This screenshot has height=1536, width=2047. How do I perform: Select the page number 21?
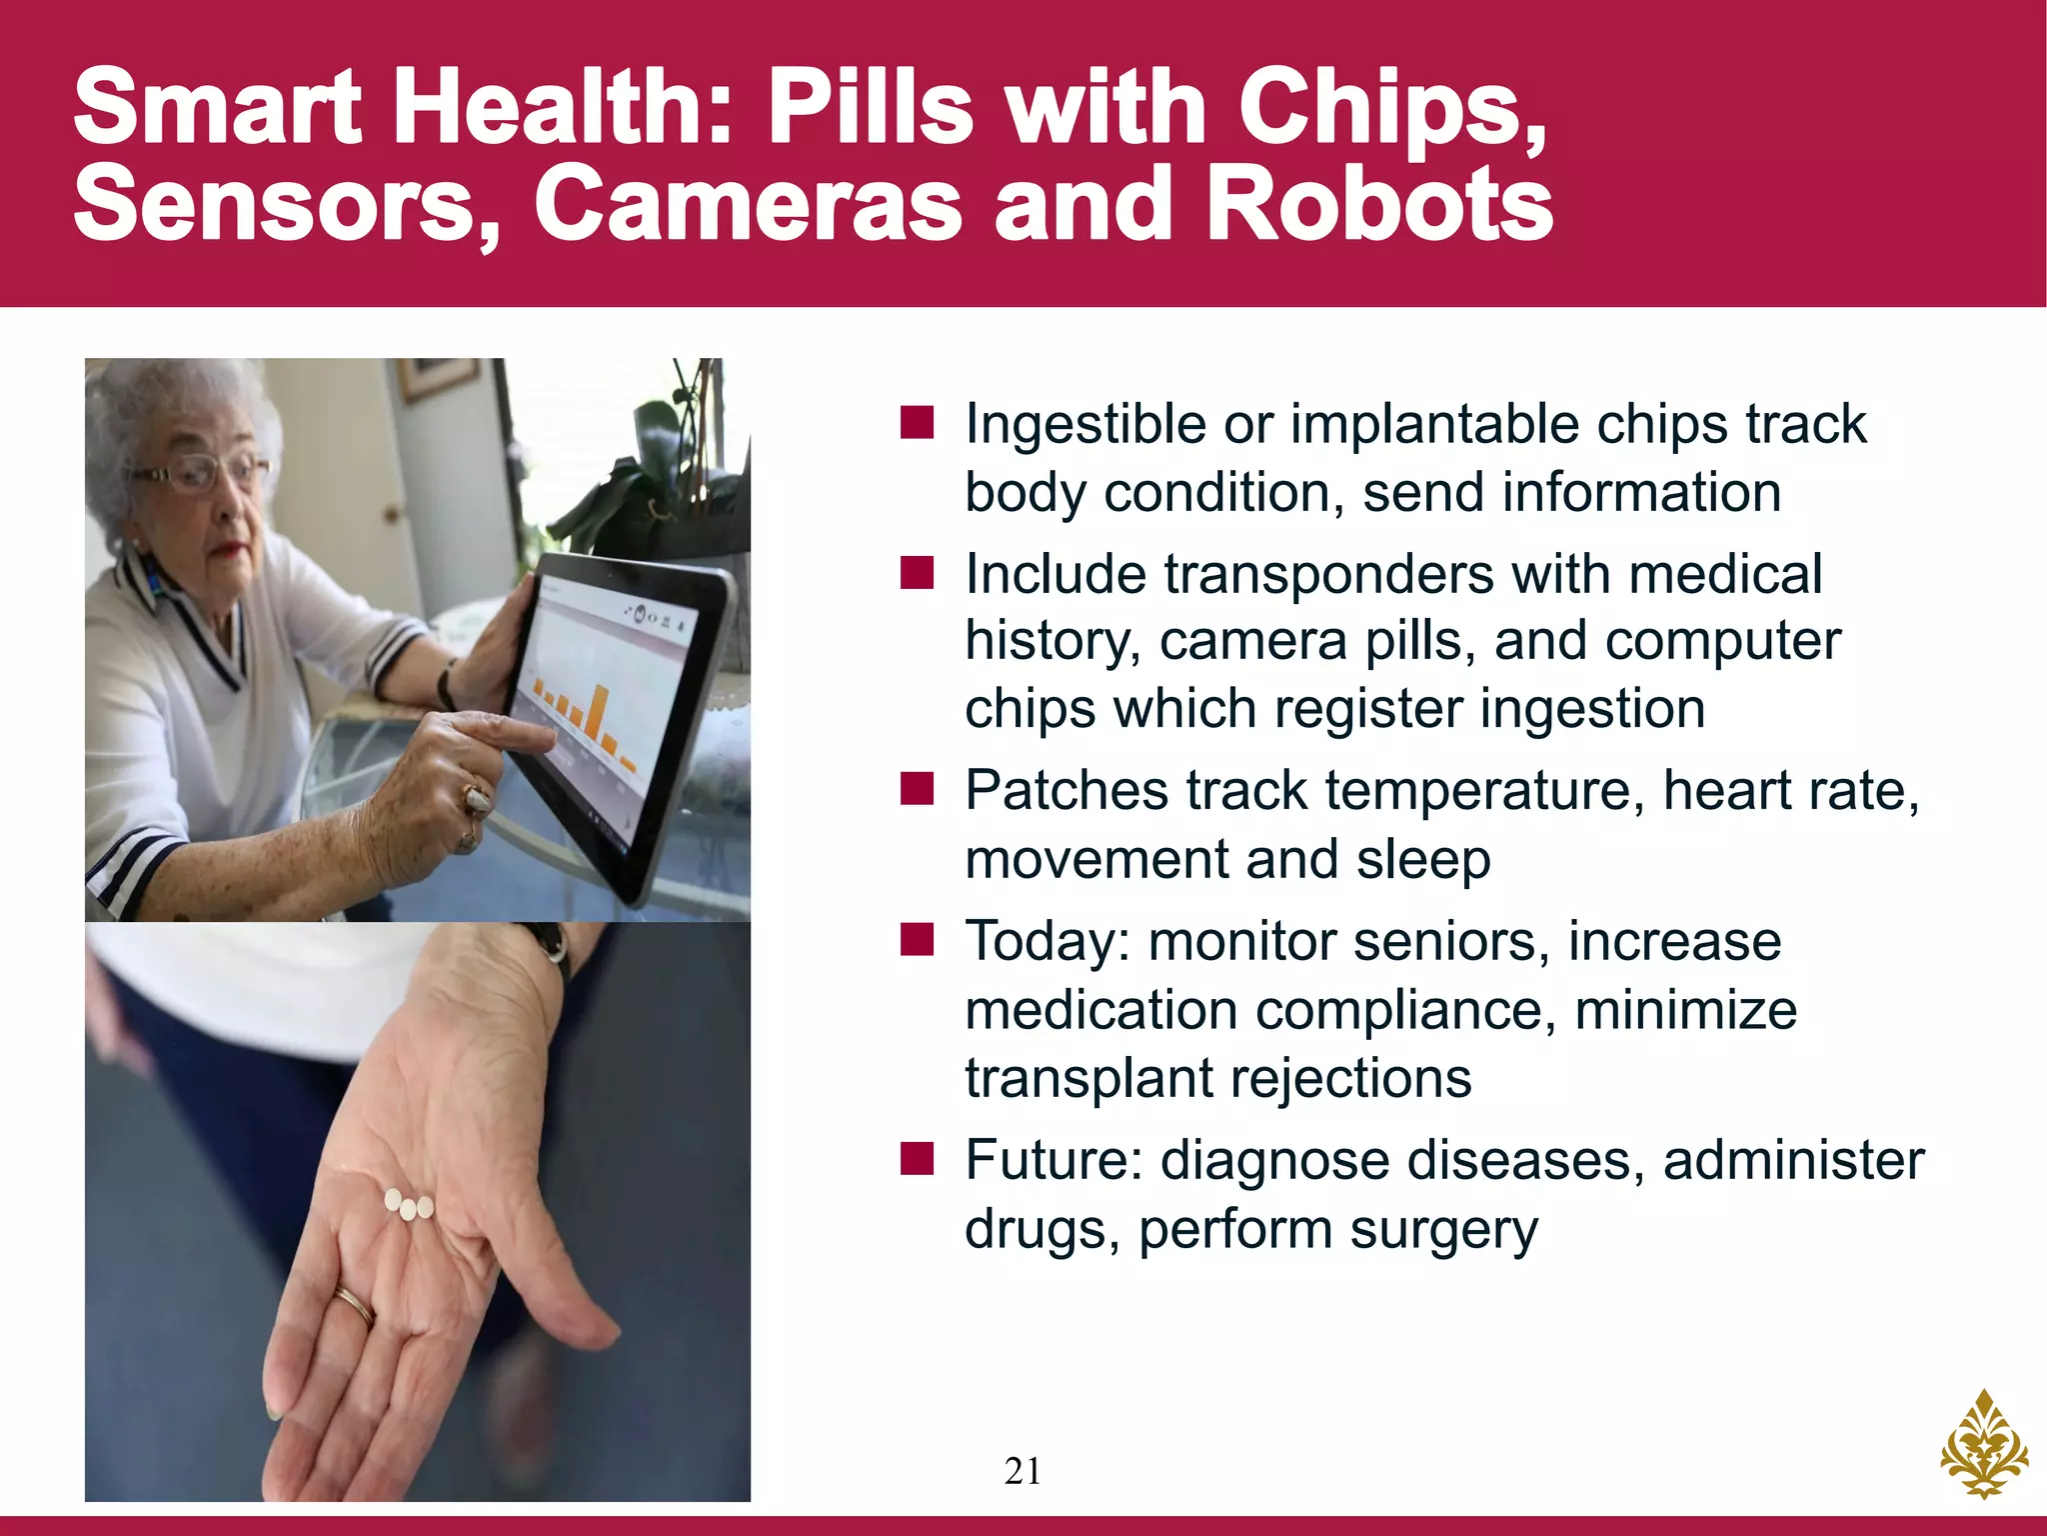pyautogui.click(x=1023, y=1471)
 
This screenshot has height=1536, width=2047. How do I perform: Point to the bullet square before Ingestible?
pyautogui.click(x=917, y=423)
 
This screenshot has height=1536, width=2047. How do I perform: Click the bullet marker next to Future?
pyautogui.click(x=917, y=1160)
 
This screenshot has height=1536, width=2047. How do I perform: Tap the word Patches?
pyautogui.click(x=1065, y=791)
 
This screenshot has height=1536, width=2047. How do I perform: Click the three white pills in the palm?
pyautogui.click(x=409, y=1205)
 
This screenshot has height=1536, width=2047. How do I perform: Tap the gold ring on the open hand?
pyautogui.click(x=354, y=1304)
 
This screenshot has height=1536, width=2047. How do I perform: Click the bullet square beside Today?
pyautogui.click(x=917, y=941)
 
